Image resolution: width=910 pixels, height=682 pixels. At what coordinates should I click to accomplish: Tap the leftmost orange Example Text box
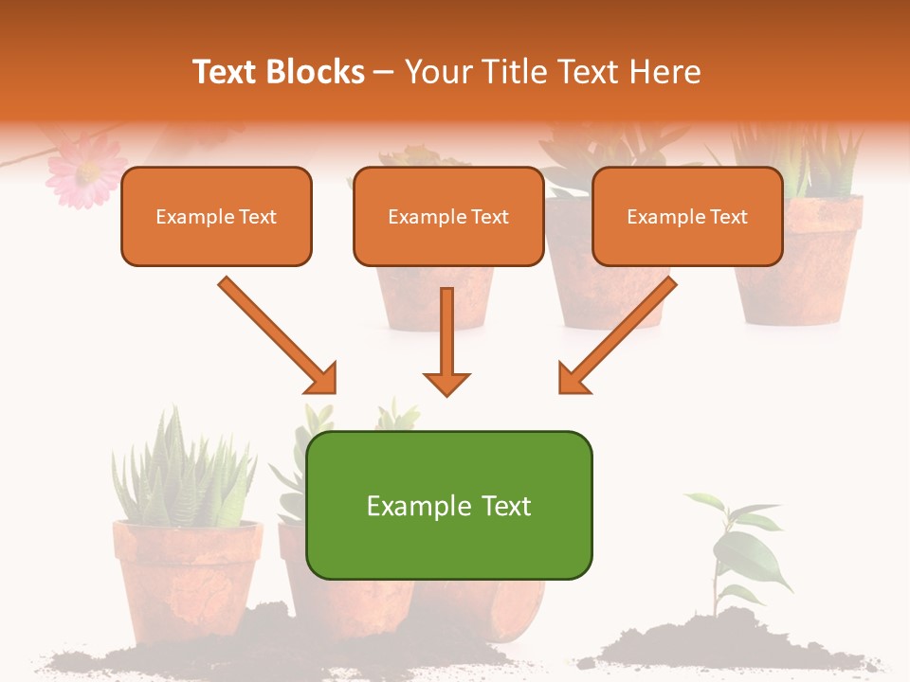click(x=216, y=216)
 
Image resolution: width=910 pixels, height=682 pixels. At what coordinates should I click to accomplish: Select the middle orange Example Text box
click(x=448, y=216)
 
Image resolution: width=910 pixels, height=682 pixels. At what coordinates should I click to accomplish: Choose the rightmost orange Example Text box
click(x=687, y=216)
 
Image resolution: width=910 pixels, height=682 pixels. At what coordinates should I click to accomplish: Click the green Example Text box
click(x=448, y=505)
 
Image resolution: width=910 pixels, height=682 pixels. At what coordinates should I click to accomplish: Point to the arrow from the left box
click(x=275, y=332)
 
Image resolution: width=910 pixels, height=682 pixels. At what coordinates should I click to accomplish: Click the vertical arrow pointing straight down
click(x=446, y=341)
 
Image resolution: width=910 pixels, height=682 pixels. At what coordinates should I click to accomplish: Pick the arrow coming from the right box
click(x=621, y=332)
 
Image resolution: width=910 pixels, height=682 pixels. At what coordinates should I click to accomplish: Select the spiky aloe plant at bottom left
click(x=180, y=469)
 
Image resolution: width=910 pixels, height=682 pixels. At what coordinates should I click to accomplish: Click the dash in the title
click(x=384, y=72)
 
